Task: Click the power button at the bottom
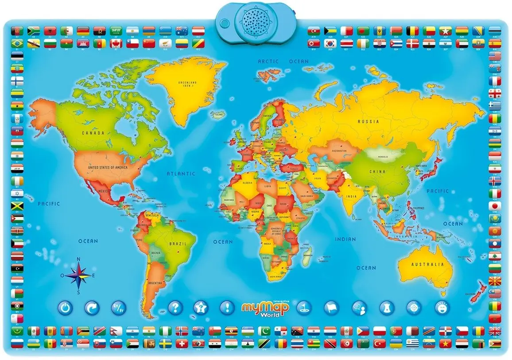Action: point(66,307)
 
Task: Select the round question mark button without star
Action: point(175,307)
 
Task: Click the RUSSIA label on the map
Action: point(369,121)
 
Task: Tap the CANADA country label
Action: point(93,133)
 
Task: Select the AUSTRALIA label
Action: point(428,264)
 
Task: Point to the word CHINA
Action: point(377,171)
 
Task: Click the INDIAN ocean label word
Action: point(345,239)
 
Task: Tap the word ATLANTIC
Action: point(181,174)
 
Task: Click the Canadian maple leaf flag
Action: point(116,43)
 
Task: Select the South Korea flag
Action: point(329,43)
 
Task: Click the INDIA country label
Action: point(351,197)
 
